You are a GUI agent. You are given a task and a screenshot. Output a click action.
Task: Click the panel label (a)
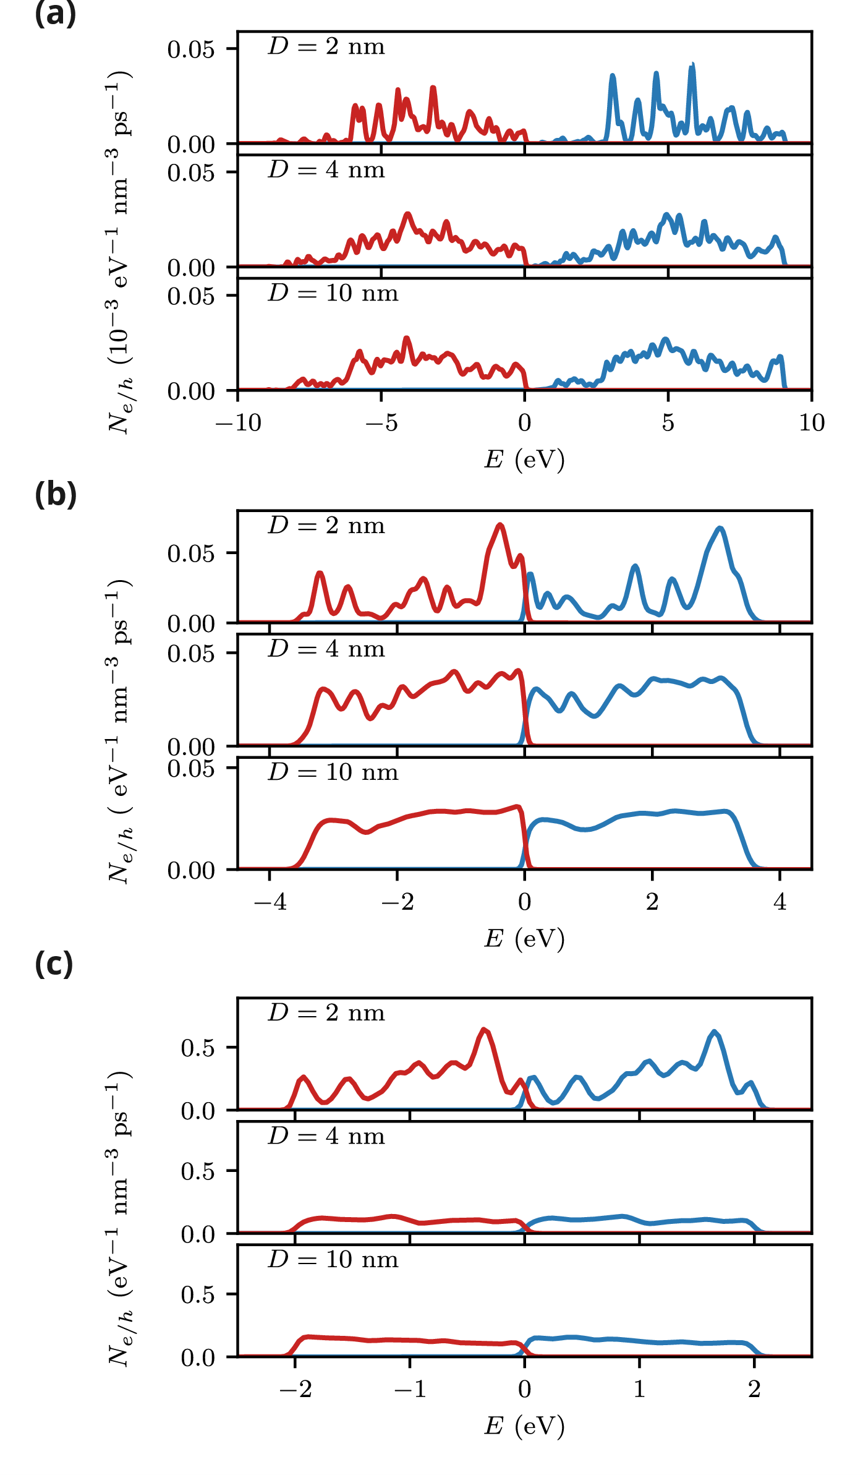[56, 14]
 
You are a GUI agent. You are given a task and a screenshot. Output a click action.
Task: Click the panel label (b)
[56, 495]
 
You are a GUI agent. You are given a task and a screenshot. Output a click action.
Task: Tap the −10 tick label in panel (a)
[238, 423]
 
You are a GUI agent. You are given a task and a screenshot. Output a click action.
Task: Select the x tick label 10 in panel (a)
[811, 423]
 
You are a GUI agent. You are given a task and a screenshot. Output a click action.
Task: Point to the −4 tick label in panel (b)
[270, 902]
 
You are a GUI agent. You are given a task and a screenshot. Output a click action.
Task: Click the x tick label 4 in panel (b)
[780, 902]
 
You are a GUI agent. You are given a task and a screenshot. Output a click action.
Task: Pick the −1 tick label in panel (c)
[410, 1390]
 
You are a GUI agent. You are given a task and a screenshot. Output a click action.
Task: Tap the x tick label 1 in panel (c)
[639, 1390]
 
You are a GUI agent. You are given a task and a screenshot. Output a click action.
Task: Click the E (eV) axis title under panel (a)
[524, 460]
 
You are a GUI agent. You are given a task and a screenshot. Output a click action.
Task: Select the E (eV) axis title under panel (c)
[524, 1426]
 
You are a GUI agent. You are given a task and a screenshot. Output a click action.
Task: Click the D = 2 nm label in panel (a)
[326, 46]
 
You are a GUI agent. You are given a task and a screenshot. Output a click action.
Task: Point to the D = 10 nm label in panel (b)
[333, 772]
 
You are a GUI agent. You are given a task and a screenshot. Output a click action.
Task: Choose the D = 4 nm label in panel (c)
[326, 1136]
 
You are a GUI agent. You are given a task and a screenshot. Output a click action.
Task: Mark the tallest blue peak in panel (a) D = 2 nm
[692, 65]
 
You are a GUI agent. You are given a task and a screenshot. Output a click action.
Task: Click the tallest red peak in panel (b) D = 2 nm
[500, 525]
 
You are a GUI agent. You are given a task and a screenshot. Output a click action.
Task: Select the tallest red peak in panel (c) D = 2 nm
[484, 1030]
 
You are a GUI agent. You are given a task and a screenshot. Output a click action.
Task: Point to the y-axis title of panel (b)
[119, 730]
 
